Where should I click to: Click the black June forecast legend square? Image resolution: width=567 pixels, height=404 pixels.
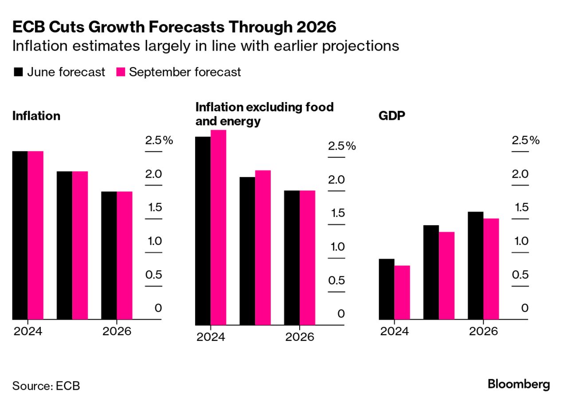[x=18, y=72]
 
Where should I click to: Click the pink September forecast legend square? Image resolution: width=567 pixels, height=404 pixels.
[x=120, y=72]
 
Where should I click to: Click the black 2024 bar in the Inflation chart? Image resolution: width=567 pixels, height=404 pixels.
[x=20, y=235]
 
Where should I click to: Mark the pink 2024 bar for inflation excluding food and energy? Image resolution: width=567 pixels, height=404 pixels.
[x=218, y=227]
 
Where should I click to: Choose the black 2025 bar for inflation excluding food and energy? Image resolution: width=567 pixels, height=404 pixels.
[x=247, y=251]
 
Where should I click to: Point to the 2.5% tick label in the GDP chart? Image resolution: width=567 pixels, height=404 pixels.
[x=525, y=141]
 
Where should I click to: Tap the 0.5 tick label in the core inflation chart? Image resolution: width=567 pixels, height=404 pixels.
[x=336, y=281]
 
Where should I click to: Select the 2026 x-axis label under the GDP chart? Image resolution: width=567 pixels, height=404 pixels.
[x=483, y=332]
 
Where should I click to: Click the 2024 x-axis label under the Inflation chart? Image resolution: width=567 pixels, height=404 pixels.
[x=27, y=332]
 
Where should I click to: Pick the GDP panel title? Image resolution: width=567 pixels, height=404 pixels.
[x=391, y=116]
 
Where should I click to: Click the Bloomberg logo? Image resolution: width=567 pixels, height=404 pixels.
[x=519, y=384]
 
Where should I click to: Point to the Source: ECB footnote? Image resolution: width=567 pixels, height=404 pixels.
[x=46, y=385]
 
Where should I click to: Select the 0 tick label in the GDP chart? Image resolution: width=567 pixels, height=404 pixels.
[x=525, y=308]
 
